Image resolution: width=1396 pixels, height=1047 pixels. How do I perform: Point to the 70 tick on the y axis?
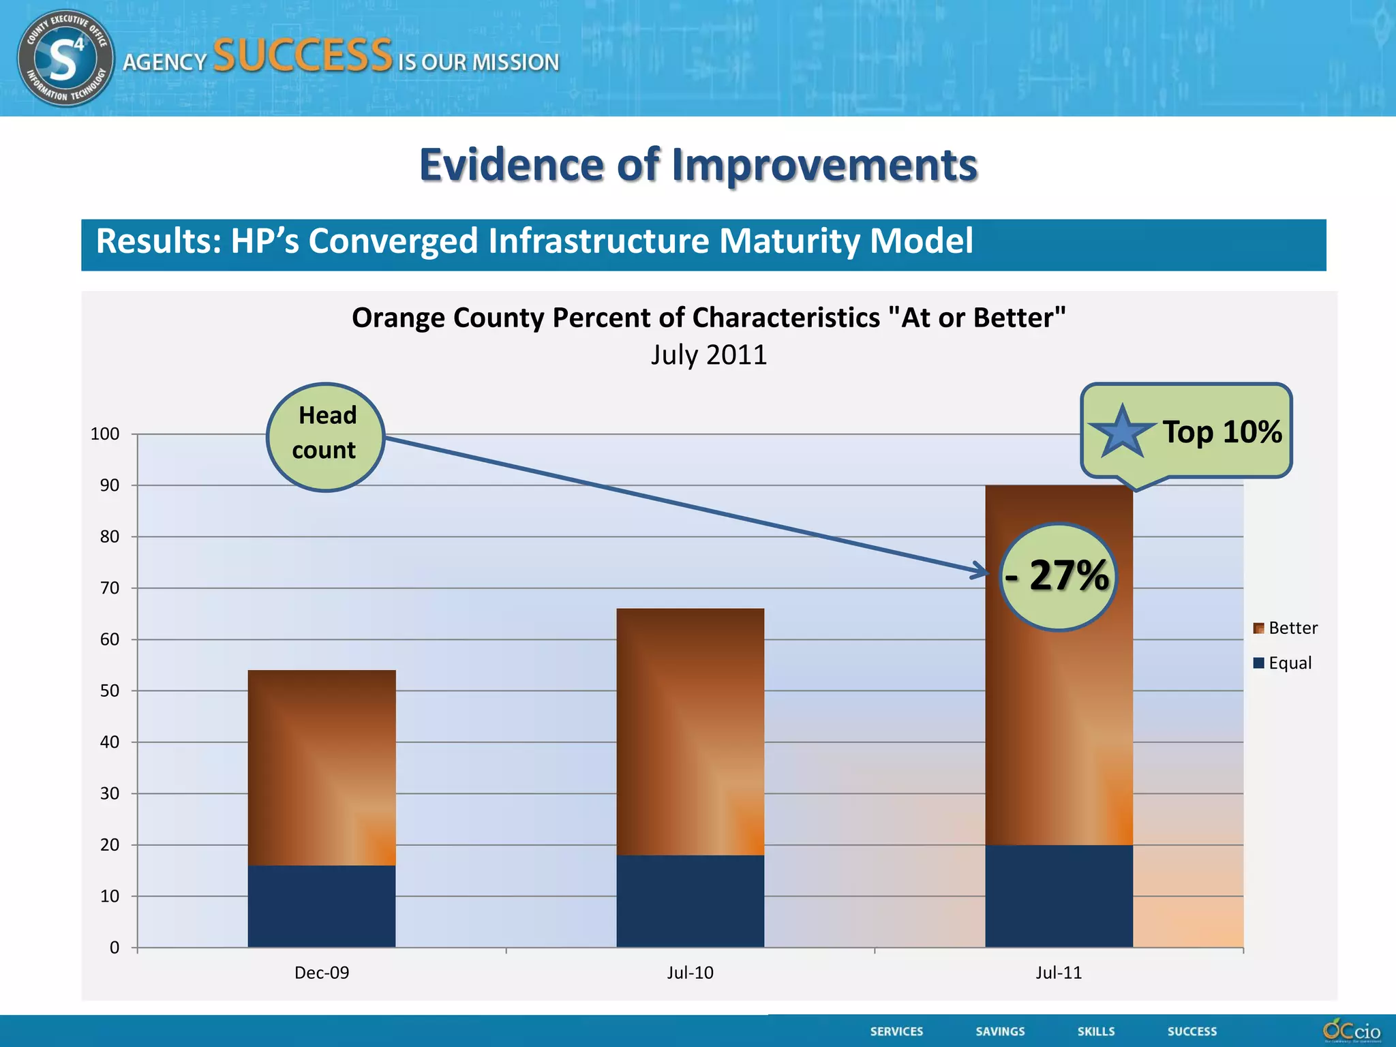coord(110,588)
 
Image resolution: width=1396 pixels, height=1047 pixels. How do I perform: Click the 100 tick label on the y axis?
coord(105,434)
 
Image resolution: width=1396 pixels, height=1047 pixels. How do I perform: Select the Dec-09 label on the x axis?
coord(321,973)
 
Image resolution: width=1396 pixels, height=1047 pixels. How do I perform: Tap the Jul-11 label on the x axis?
coord(1059,973)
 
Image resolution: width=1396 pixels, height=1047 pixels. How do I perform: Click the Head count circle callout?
coord(325,436)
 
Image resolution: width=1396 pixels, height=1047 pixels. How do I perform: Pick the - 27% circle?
coord(1057,577)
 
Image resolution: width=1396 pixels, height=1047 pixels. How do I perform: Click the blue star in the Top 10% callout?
coord(1122,432)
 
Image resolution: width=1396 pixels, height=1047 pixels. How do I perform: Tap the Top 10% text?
coord(1221,431)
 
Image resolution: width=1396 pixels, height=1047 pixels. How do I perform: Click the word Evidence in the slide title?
coord(511,165)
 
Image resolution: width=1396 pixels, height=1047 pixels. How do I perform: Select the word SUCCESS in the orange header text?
coord(303,56)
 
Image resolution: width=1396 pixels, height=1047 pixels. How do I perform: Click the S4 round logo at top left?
coord(65,58)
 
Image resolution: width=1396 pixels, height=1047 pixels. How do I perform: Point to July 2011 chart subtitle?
coord(708,355)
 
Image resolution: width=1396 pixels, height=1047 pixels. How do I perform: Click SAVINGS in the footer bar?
coord(1000,1031)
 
